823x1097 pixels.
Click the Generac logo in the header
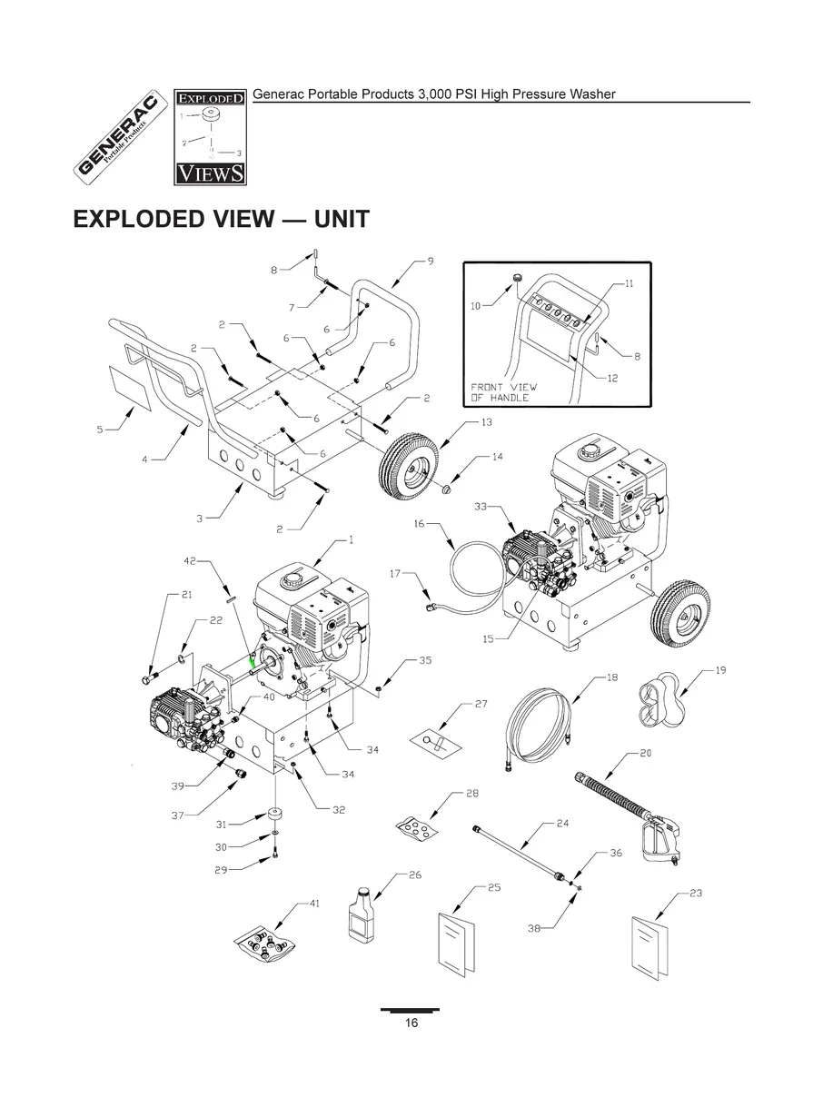pyautogui.click(x=119, y=137)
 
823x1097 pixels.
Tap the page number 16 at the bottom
pyautogui.click(x=411, y=1023)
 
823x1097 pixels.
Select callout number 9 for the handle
pyautogui.click(x=430, y=262)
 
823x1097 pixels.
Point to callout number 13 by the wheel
pyautogui.click(x=486, y=422)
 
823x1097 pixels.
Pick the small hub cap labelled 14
pyautogui.click(x=448, y=491)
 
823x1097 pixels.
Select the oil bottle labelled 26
pyautogui.click(x=362, y=912)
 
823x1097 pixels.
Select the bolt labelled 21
pyautogui.click(x=152, y=677)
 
